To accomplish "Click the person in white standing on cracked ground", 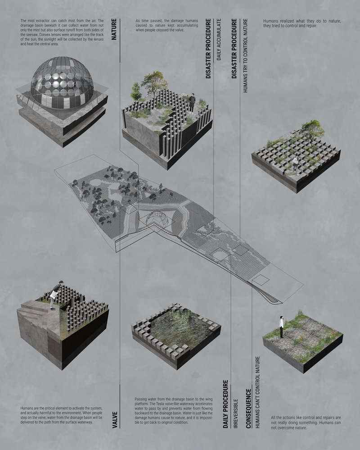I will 281,326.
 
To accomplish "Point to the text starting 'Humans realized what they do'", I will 301,23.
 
